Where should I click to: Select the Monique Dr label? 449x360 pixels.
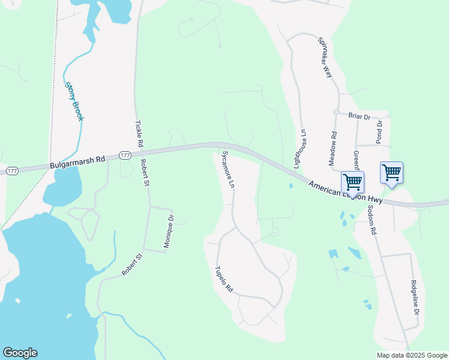(x=169, y=232)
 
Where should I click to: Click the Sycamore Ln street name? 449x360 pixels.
(x=228, y=170)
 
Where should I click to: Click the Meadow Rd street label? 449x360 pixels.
(x=334, y=149)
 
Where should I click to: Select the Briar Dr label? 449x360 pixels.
(x=360, y=115)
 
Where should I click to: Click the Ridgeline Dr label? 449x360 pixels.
(x=414, y=298)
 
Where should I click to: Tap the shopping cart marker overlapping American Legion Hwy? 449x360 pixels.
(x=352, y=182)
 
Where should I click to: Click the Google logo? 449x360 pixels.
(x=20, y=353)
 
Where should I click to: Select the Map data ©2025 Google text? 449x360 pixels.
(x=412, y=355)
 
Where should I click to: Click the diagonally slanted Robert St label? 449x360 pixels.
(x=132, y=265)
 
